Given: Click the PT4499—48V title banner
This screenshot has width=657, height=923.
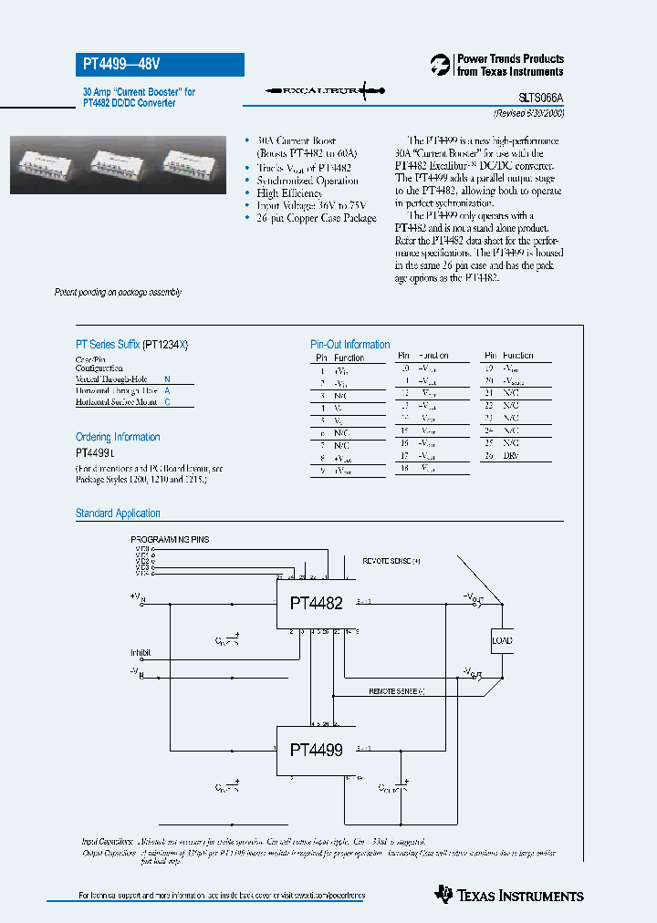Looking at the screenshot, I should pos(159,65).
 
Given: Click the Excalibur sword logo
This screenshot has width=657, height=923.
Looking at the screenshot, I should pos(320,90).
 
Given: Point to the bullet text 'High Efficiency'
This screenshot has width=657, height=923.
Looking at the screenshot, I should pos(290,193).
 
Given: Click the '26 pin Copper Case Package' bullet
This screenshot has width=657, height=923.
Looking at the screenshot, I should pos(316,219).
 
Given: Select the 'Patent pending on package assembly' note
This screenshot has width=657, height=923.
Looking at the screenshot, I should pos(118,292).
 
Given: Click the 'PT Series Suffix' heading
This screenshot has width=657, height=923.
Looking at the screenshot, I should pos(132,345).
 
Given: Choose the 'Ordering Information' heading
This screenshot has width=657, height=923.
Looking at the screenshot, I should pos(118,437).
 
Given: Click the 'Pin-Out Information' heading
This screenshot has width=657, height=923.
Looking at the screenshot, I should pos(350,345).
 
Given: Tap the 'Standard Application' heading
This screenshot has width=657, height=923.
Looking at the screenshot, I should pos(118,513).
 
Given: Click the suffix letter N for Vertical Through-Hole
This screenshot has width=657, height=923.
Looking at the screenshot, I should pos(167,378).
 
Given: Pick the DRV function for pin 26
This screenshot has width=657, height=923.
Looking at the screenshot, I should pos(511,455).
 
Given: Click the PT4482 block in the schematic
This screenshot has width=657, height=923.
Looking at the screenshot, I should pos(316,604).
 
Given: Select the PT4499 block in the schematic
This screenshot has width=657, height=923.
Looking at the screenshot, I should pos(316,751).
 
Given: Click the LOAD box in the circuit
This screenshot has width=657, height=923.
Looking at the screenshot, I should pos(502,640).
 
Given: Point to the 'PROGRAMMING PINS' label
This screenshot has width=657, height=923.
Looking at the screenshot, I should pos(170,540).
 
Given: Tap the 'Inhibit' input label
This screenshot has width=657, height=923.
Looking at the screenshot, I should pos(141,653).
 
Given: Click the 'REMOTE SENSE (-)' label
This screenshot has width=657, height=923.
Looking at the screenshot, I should pos(397,692).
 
